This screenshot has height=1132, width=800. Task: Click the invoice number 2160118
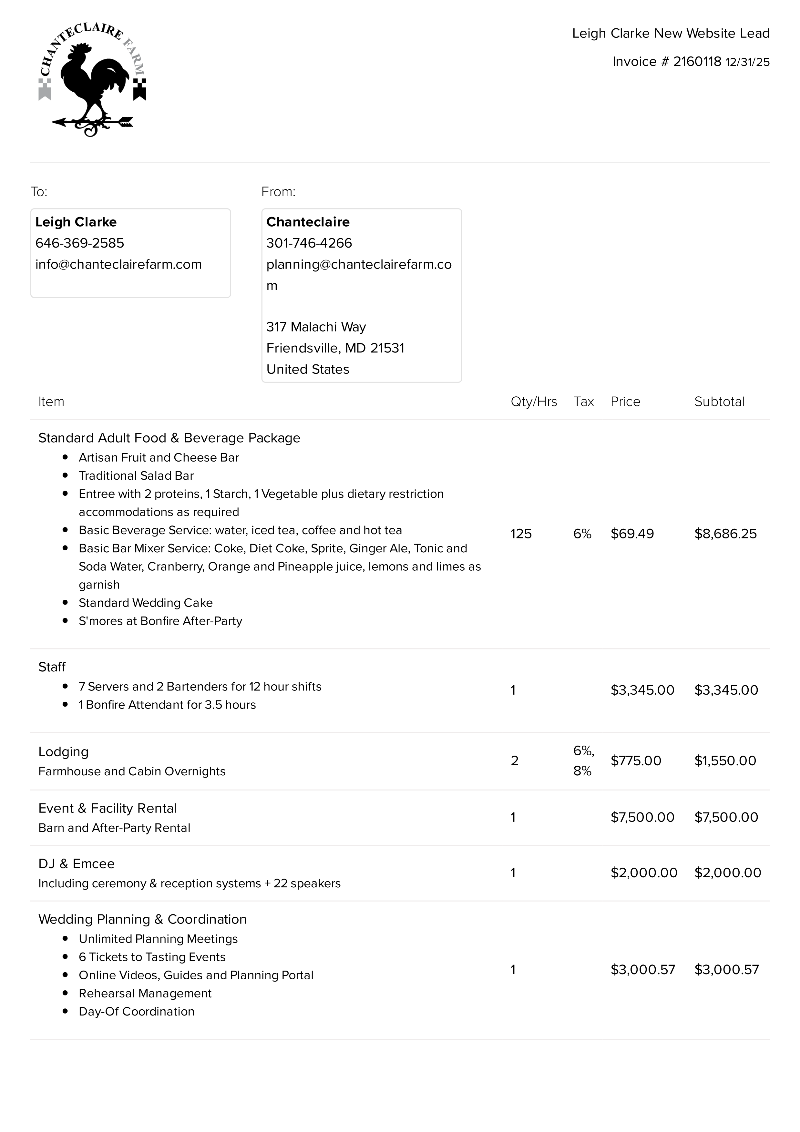pos(697,62)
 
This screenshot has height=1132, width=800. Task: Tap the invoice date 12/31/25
pos(747,62)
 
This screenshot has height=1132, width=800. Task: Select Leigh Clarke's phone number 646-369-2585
pos(80,243)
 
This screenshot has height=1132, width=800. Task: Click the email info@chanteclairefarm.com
pos(118,264)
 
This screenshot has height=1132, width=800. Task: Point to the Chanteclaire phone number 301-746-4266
pos(309,243)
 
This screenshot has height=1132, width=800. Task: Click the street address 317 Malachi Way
pos(316,327)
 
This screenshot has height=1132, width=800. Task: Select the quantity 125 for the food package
pos(521,534)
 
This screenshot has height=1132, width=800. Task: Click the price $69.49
pos(632,534)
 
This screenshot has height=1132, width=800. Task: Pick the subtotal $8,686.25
pos(725,534)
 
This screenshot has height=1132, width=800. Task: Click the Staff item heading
pos(52,667)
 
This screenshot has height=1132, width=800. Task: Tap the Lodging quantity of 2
pos(514,761)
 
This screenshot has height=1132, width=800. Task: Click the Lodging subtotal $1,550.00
pos(725,761)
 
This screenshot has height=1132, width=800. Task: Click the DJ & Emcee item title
pos(77,864)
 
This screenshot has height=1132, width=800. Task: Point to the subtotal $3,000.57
pos(726,970)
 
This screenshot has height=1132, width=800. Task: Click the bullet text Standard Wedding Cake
pos(146,603)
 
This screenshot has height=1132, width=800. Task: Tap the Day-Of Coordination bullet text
pos(137,1012)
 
